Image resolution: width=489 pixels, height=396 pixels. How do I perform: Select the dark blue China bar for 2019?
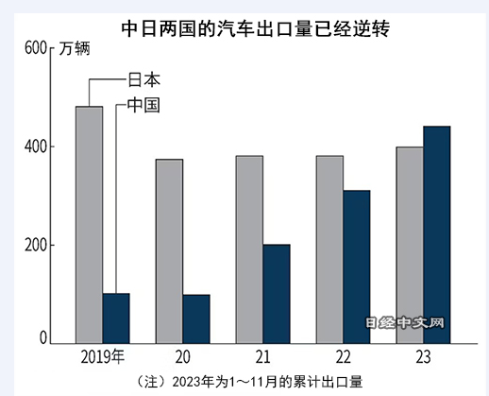tap(116, 319)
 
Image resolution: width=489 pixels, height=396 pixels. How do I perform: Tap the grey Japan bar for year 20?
tap(169, 251)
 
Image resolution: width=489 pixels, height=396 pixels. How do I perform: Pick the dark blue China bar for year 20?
tap(196, 319)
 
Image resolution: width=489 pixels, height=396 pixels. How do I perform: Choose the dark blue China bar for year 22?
tap(357, 267)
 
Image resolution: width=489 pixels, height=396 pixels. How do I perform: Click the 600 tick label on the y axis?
tap(35, 47)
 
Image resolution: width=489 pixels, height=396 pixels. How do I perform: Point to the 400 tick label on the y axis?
tap(35, 146)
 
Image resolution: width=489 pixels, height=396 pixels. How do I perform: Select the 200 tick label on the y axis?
tap(35, 245)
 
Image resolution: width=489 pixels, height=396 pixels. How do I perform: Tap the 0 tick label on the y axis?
tap(42, 337)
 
